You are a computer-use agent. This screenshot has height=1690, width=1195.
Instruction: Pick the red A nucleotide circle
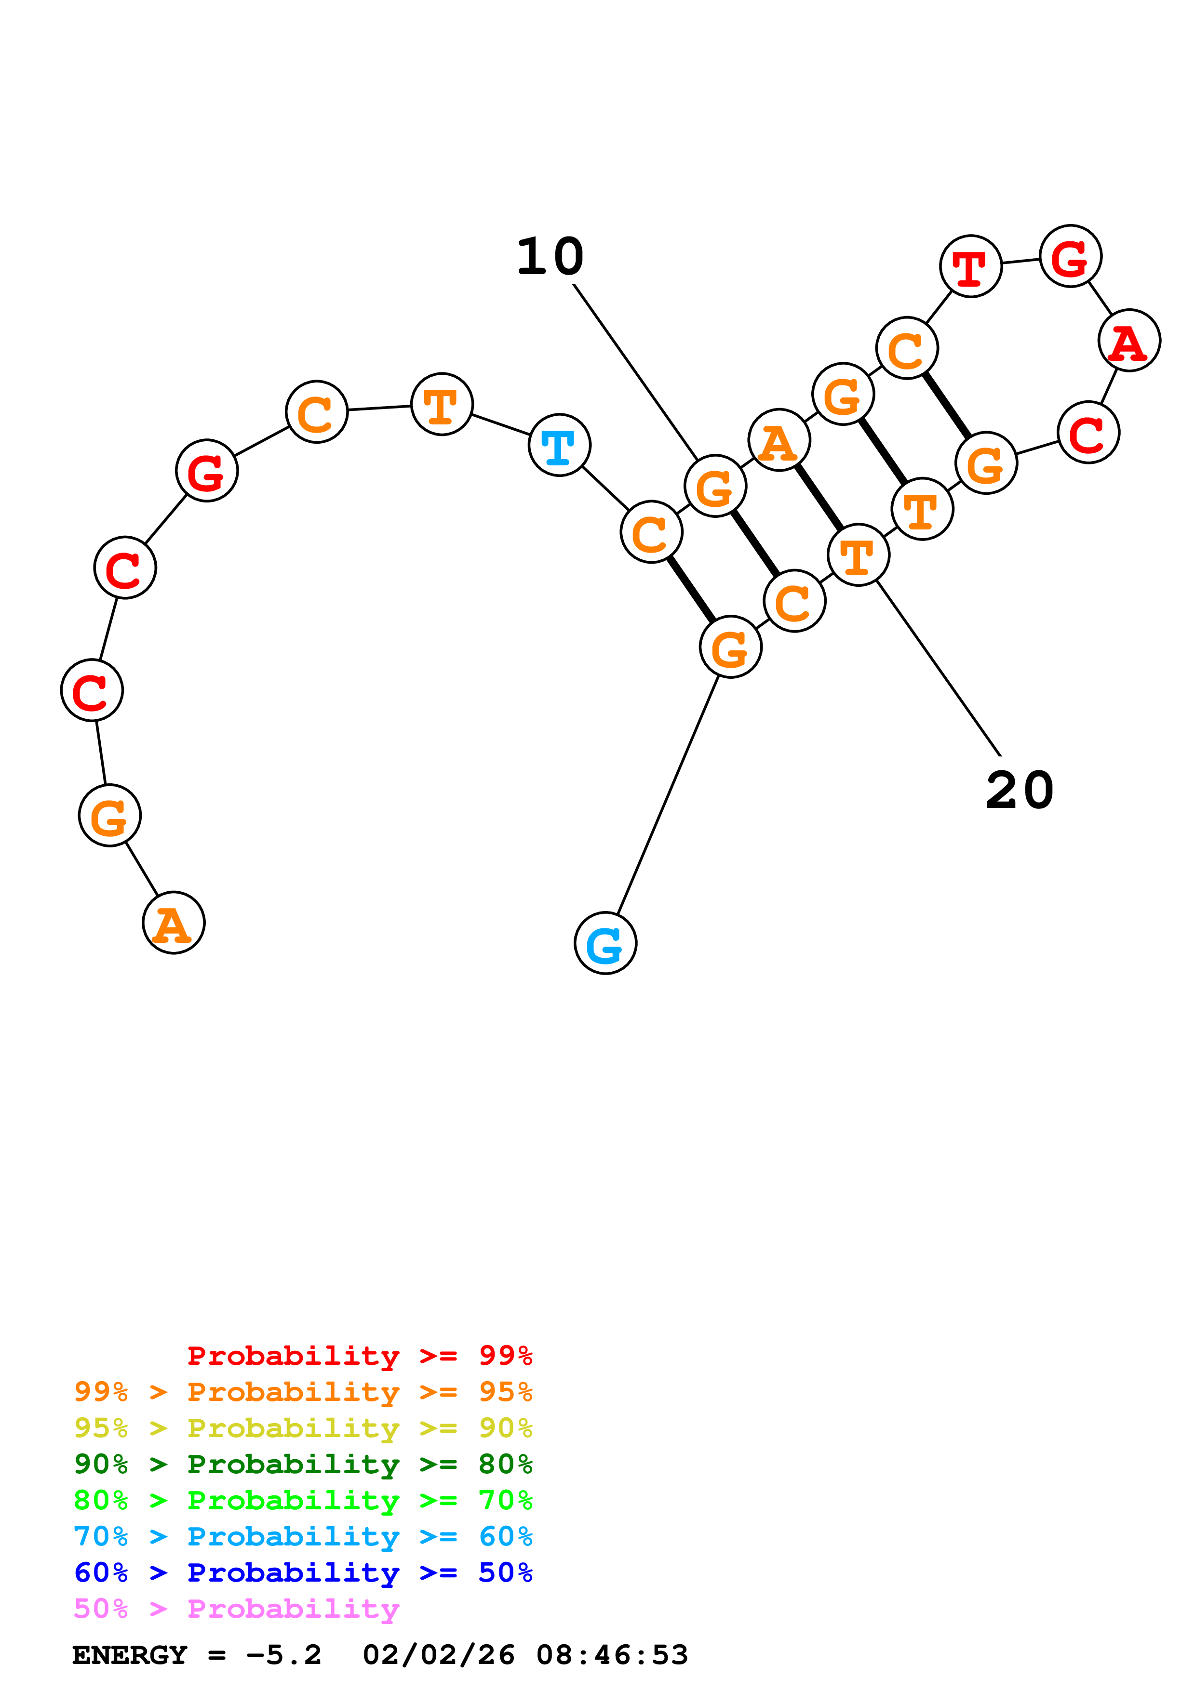pyautogui.click(x=1129, y=340)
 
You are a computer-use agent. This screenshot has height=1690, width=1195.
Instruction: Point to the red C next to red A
pyautogui.click(x=1088, y=432)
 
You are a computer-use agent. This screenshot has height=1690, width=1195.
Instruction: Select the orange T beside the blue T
pyautogui.click(x=442, y=404)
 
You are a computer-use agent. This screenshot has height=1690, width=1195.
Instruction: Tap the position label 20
pyautogui.click(x=1020, y=791)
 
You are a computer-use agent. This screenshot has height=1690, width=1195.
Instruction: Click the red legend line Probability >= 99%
pyautogui.click(x=359, y=1355)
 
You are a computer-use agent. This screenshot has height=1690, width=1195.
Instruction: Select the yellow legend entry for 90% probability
pyautogui.click(x=303, y=1427)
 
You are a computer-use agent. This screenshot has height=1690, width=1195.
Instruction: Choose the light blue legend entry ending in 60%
pyautogui.click(x=303, y=1536)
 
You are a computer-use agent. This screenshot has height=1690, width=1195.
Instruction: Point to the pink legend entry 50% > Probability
pyautogui.click(x=236, y=1608)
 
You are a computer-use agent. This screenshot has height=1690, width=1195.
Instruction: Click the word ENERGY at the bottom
pyautogui.click(x=130, y=1655)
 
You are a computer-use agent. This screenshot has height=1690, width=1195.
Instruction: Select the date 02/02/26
pyautogui.click(x=438, y=1655)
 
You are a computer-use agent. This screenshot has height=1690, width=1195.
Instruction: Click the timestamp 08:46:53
pyautogui.click(x=612, y=1655)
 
